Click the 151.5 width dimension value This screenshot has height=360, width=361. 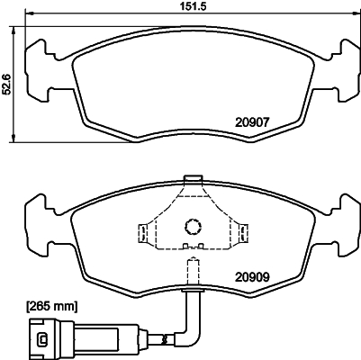click(189, 7)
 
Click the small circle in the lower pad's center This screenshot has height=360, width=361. click(191, 227)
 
